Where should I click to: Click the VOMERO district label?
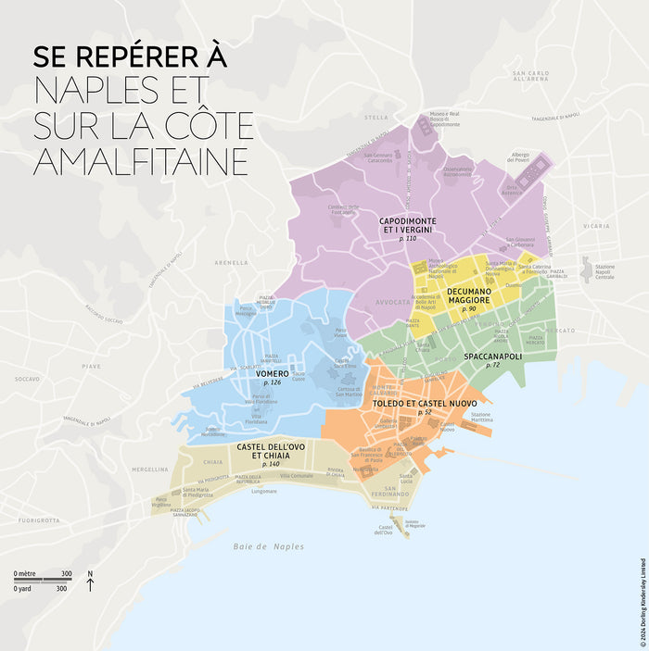(x=272, y=373)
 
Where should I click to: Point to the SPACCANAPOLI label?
(x=493, y=357)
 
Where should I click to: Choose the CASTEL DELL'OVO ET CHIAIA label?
(x=275, y=453)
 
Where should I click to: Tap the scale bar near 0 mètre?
(x=42, y=581)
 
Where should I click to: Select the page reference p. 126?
(x=272, y=382)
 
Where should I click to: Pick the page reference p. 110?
(x=408, y=238)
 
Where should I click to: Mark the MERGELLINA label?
(x=123, y=469)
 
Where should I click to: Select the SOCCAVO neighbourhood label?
(x=28, y=379)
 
